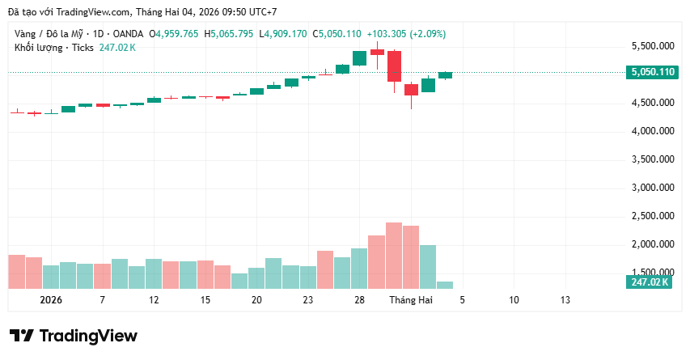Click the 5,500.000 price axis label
(x=653, y=46)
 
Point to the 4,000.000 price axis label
(x=653, y=131)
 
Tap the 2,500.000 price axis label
(x=653, y=215)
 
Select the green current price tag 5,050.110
(x=653, y=72)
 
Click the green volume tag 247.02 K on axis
(x=650, y=282)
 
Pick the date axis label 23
(x=308, y=299)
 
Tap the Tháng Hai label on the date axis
(x=411, y=299)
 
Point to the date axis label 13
(x=565, y=299)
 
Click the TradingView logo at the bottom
(x=74, y=336)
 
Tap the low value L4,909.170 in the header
(x=280, y=34)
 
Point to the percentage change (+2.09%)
(x=427, y=34)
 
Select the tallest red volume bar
(x=394, y=255)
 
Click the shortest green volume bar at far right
(x=445, y=284)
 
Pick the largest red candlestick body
(x=394, y=66)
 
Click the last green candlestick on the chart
(x=445, y=75)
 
